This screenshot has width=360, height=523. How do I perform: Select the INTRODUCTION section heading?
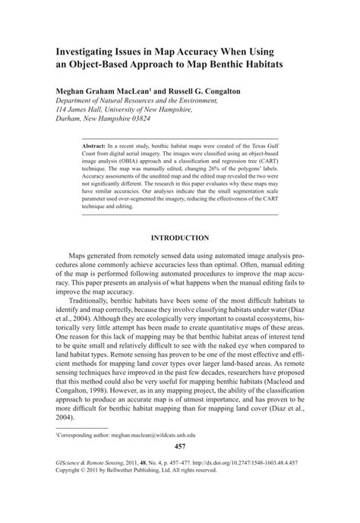(180, 238)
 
